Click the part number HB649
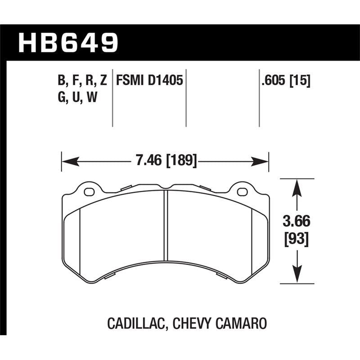68,43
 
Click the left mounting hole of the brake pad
89,192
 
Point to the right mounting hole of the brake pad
242,192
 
